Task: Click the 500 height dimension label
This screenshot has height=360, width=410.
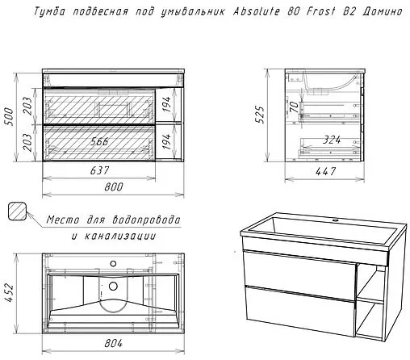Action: [9, 116]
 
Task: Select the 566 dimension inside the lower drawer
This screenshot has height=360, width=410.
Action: [99, 141]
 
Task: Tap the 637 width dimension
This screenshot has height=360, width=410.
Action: [99, 170]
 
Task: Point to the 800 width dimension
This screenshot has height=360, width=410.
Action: [114, 186]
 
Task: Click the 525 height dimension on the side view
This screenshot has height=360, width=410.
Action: [260, 115]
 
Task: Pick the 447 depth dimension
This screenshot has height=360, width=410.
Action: [325, 171]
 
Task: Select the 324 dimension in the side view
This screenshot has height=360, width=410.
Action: [332, 140]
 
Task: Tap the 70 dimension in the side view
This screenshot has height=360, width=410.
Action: [295, 107]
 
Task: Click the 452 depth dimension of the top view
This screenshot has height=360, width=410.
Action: [9, 292]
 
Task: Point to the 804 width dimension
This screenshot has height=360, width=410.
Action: [113, 343]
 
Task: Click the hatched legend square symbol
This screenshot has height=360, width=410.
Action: [17, 211]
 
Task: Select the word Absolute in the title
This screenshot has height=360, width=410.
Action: [257, 11]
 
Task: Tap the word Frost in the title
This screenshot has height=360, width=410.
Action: [321, 11]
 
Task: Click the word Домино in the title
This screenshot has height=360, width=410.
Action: [383, 11]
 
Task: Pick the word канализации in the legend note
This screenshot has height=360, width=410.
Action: [120, 237]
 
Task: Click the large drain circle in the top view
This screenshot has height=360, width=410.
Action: [113, 286]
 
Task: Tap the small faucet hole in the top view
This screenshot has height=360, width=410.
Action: [113, 264]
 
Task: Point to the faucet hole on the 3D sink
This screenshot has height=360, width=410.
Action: [335, 221]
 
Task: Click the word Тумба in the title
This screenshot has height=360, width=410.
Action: [49, 11]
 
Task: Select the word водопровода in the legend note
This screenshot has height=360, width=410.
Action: [146, 220]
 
